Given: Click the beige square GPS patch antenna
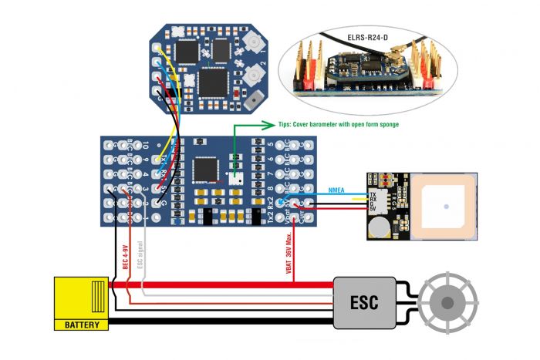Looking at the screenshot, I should coord(447,206).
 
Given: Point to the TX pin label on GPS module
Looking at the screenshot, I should coord(373,195).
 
